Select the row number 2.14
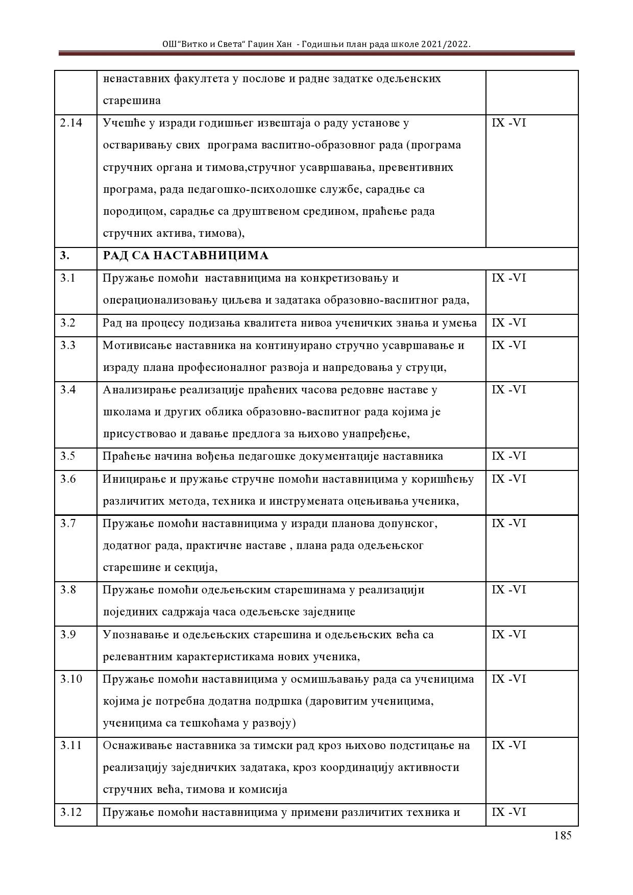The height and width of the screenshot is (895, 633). pyautogui.click(x=71, y=123)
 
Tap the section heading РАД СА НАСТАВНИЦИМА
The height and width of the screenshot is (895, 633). pyautogui.click(x=186, y=256)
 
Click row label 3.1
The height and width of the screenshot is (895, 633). pyautogui.click(x=67, y=278)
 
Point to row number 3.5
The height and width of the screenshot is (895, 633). pyautogui.click(x=67, y=456)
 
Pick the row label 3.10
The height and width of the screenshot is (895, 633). pyautogui.click(x=71, y=679)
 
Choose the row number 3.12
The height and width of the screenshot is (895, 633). pyautogui.click(x=71, y=812)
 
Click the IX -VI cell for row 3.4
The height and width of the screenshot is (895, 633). pyautogui.click(x=508, y=390)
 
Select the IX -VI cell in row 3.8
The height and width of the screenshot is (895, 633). pyautogui.click(x=508, y=590)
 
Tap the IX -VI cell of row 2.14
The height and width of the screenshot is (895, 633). pyautogui.click(x=508, y=123)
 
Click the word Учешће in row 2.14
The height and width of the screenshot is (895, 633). pyautogui.click(x=121, y=123)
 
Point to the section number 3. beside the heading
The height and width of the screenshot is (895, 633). pyautogui.click(x=65, y=256)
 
